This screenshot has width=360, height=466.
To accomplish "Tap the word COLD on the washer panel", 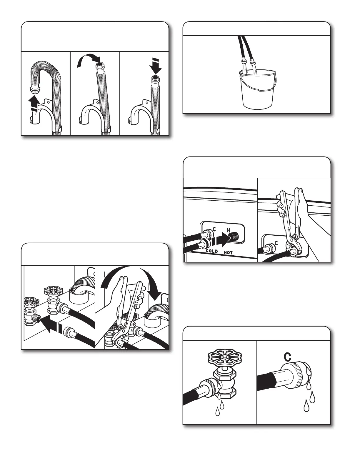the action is pos(212,251).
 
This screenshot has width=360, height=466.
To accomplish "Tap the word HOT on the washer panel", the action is pos(228,253).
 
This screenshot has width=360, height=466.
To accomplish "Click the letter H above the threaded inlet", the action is pos(229,230).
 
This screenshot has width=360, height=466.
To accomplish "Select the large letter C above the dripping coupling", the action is pos(287,357).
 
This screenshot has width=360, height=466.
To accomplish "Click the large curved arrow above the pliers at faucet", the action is pos(131,281).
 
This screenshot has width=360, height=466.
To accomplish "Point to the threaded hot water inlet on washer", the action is pos(234,236).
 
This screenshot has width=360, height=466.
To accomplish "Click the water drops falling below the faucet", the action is pos(220,407).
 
